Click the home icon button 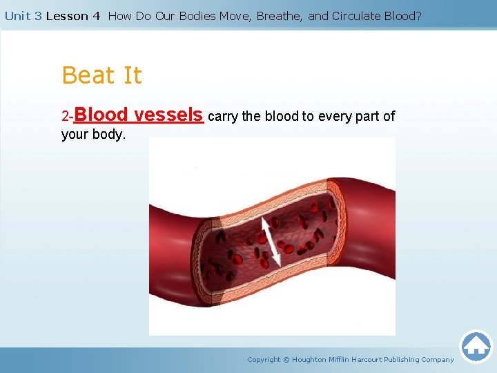tap(476, 346)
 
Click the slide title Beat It tap(101, 75)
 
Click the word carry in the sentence tap(222, 116)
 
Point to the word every tap(335, 116)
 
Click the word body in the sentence tap(107, 134)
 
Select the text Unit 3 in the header tap(23, 16)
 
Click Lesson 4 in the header tap(73, 16)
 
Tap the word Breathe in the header tap(279, 16)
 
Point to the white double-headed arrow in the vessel tap(269, 242)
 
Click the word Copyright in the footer tap(264, 359)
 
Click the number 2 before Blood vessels tap(65, 116)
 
